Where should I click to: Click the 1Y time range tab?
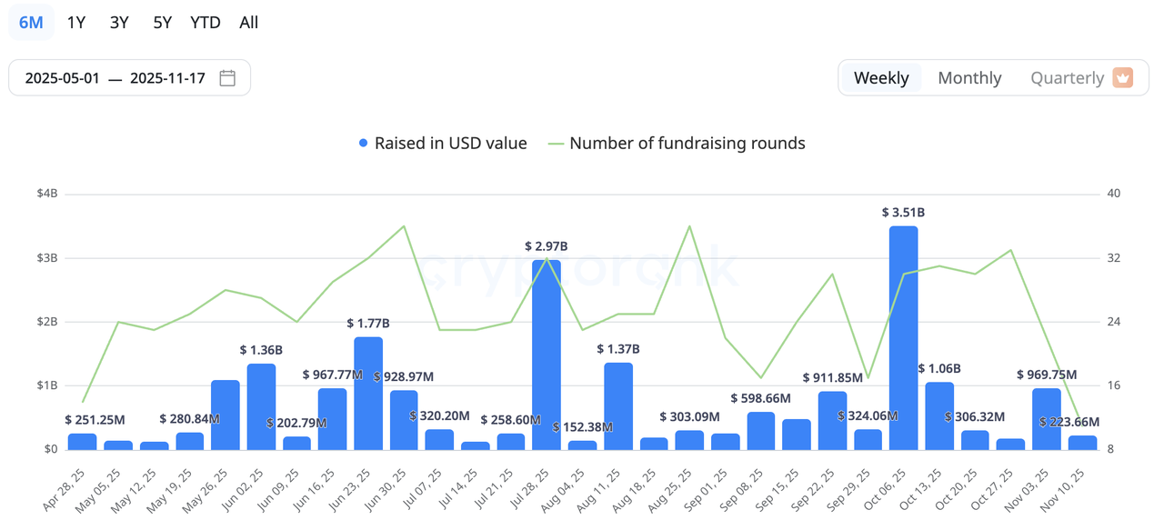coord(76,23)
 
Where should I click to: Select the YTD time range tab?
coord(206,23)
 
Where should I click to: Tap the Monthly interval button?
coord(969,78)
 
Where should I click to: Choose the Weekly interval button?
coord(881,78)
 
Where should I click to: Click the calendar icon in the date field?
coord(227,78)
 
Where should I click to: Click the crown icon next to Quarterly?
coord(1123,78)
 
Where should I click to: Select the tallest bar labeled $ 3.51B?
coord(903,336)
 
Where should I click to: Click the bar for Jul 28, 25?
coord(547,355)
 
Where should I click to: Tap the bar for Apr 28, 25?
coord(82,441)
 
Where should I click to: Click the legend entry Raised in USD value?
coord(443,143)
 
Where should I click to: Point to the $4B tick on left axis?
coord(47,194)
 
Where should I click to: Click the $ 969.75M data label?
coord(1047,375)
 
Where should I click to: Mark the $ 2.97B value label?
coord(547,246)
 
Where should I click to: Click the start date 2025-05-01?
coord(62,78)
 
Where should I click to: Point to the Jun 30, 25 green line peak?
coord(404,226)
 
